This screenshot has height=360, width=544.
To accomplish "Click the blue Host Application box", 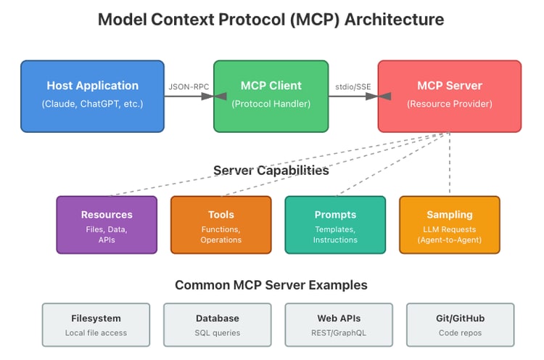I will point(92,96).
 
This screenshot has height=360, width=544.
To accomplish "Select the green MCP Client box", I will point(271,96).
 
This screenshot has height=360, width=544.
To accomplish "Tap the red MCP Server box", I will point(449,96).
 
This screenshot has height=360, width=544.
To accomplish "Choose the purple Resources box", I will point(107,224).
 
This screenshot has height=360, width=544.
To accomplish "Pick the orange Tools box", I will point(221,224).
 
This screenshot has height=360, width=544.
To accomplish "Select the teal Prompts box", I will point(335,224).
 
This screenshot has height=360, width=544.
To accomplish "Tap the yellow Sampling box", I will point(449,224).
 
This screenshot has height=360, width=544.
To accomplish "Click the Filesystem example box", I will point(96,324).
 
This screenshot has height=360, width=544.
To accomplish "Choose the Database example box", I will point(217,324).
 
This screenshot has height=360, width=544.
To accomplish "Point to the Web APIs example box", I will point(339,324).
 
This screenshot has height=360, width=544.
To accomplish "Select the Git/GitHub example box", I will point(460,324).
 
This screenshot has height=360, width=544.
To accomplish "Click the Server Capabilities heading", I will point(271,171).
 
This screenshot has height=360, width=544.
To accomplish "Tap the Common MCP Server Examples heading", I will point(271,285).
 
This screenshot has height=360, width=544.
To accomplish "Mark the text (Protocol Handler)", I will point(271,104).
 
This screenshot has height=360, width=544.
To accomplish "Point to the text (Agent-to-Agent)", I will point(449,240).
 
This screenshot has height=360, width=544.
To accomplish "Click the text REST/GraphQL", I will point(339,333).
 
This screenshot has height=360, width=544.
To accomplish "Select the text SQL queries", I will point(217,333).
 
